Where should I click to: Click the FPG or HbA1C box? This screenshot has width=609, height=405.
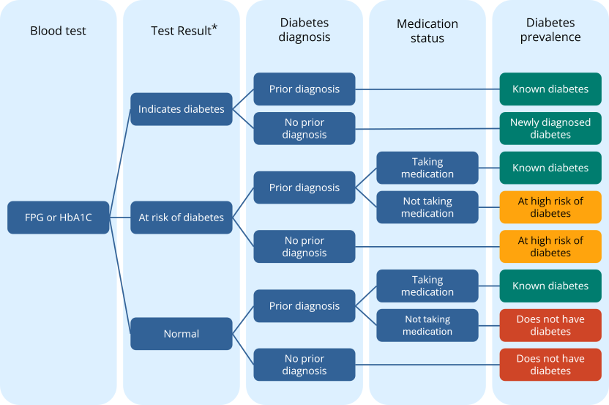click(x=59, y=218)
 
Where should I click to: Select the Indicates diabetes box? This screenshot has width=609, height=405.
click(x=182, y=109)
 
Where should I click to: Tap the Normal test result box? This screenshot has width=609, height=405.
click(x=182, y=333)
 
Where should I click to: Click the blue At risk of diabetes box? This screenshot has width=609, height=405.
click(x=182, y=218)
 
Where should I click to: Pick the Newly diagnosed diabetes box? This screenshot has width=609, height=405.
click(x=550, y=128)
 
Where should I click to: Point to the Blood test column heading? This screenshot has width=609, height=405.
click(x=58, y=31)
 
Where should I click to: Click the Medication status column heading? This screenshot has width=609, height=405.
click(x=427, y=31)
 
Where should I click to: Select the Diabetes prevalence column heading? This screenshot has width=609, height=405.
click(x=550, y=31)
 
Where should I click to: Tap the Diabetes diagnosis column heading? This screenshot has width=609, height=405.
click(x=304, y=31)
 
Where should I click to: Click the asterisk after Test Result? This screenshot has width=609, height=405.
click(x=214, y=28)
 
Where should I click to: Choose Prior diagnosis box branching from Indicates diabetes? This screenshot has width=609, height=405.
click(x=304, y=89)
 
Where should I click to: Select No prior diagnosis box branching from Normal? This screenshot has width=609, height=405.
click(x=304, y=365)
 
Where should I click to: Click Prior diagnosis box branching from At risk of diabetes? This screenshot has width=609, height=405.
click(x=304, y=187)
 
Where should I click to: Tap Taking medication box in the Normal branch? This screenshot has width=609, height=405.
click(x=427, y=286)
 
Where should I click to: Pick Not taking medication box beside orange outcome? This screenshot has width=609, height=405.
click(x=427, y=207)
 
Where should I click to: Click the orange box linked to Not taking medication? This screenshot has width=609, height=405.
click(x=550, y=207)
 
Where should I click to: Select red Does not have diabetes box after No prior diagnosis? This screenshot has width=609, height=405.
click(x=550, y=365)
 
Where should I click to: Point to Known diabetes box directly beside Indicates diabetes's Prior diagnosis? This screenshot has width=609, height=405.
click(x=550, y=89)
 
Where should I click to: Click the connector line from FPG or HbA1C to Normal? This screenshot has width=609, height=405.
click(x=121, y=278)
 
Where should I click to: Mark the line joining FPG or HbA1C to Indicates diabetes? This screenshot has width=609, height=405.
click(x=121, y=161)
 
